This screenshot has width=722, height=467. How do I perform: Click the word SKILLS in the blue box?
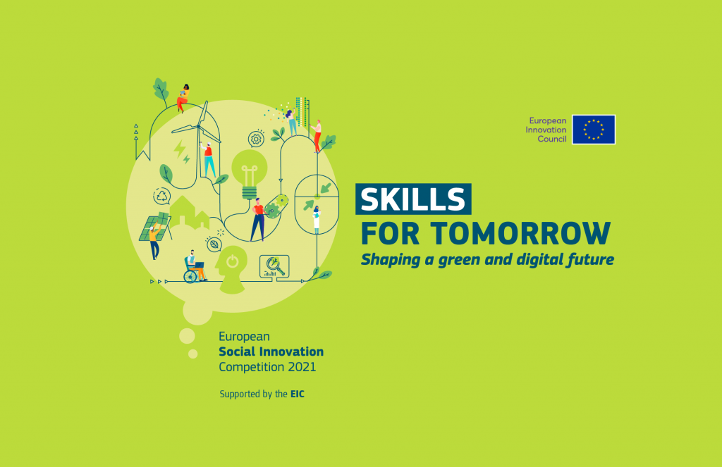[x=413, y=199]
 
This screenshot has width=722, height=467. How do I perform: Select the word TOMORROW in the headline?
[x=521, y=233]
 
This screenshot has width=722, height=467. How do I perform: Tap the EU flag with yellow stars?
[x=594, y=130]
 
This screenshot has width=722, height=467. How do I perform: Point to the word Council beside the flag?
[x=551, y=139]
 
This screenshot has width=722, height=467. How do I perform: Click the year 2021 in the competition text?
[x=302, y=367]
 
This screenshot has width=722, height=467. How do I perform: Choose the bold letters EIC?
[x=298, y=394]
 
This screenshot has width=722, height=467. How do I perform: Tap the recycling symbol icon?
[x=162, y=196]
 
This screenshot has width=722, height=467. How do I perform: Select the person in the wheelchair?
[x=194, y=268]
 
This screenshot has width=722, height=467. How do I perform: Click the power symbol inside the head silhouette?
[x=233, y=261]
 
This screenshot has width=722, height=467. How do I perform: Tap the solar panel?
[x=155, y=227]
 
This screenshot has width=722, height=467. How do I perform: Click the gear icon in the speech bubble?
[x=256, y=139]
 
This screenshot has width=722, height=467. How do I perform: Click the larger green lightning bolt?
[x=179, y=149]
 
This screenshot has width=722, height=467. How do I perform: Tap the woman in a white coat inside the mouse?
[x=317, y=220]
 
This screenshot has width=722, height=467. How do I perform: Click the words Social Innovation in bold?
[x=271, y=352]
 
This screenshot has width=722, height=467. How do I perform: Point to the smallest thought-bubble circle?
[x=193, y=354]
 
